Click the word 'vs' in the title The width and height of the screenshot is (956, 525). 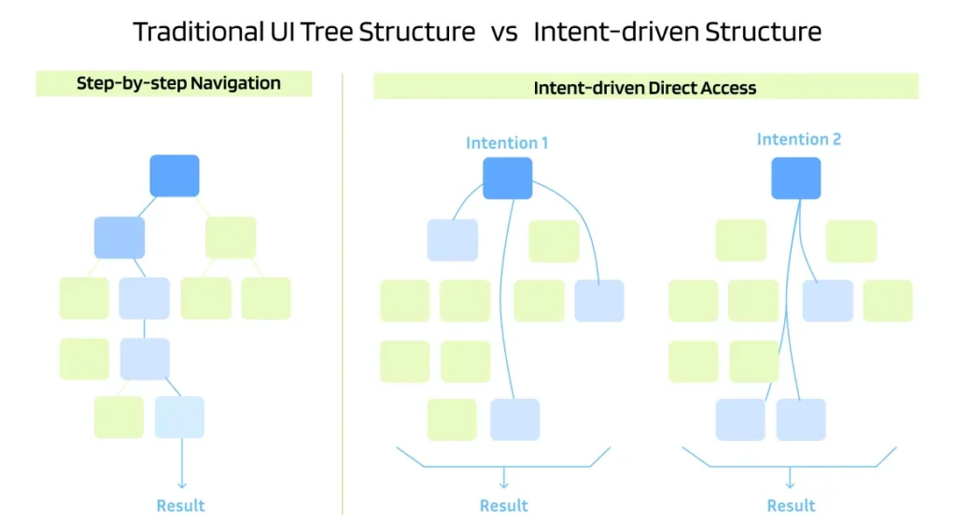(x=504, y=32)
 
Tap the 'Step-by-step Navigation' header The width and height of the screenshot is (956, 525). (x=178, y=83)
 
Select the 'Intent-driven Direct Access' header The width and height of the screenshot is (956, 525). (x=645, y=88)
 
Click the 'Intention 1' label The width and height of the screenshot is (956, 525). (x=507, y=143)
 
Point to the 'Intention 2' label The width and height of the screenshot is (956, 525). (x=798, y=139)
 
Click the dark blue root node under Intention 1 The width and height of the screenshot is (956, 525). (x=508, y=177)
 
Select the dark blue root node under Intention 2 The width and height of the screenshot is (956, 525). (x=796, y=177)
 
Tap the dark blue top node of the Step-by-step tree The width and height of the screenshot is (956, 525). (x=175, y=176)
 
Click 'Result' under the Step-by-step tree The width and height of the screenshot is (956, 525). (x=180, y=505)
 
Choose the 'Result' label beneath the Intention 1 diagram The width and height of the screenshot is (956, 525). (x=504, y=505)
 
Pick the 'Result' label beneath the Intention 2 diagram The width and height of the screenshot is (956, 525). (x=791, y=505)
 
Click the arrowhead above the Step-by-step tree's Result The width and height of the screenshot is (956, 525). (x=181, y=483)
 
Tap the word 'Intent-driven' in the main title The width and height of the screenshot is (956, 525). (x=614, y=32)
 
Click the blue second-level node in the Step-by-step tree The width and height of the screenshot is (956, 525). (x=119, y=237)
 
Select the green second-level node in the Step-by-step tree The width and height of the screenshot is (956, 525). (x=231, y=237)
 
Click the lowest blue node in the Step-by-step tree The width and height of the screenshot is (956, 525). (x=179, y=417)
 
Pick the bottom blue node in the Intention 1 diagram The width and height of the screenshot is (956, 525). (x=514, y=419)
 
